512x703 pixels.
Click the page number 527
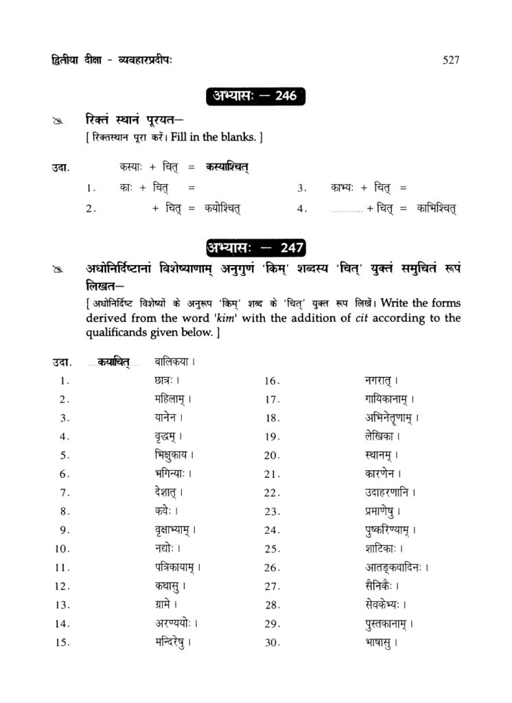[451, 60]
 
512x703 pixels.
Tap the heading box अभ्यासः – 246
[255, 95]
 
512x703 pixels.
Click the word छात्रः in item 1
[167, 380]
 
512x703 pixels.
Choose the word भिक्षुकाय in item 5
[172, 455]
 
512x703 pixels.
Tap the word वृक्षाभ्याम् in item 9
[174, 530]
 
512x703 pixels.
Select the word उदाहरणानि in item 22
[390, 492]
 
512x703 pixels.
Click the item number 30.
[272, 643]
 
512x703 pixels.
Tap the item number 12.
[62, 587]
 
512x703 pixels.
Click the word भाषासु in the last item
[379, 643]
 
